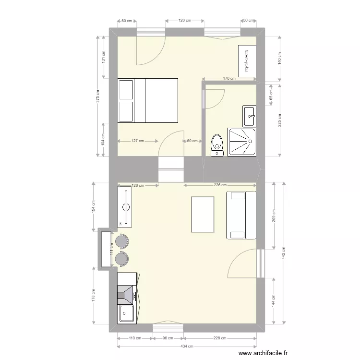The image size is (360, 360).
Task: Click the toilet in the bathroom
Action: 217,143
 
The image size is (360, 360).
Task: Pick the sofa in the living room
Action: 240,215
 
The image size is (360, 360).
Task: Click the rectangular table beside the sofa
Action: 203,214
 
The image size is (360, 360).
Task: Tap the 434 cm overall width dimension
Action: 187,346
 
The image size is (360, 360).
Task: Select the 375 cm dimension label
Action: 97,97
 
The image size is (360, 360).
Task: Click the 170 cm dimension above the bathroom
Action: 229,79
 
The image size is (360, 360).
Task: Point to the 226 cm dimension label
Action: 220,185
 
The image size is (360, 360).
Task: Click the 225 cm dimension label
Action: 279,120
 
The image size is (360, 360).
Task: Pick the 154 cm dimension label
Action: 93,206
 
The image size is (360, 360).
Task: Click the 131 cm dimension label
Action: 103,58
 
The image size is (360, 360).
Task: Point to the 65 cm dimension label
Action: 271,95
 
